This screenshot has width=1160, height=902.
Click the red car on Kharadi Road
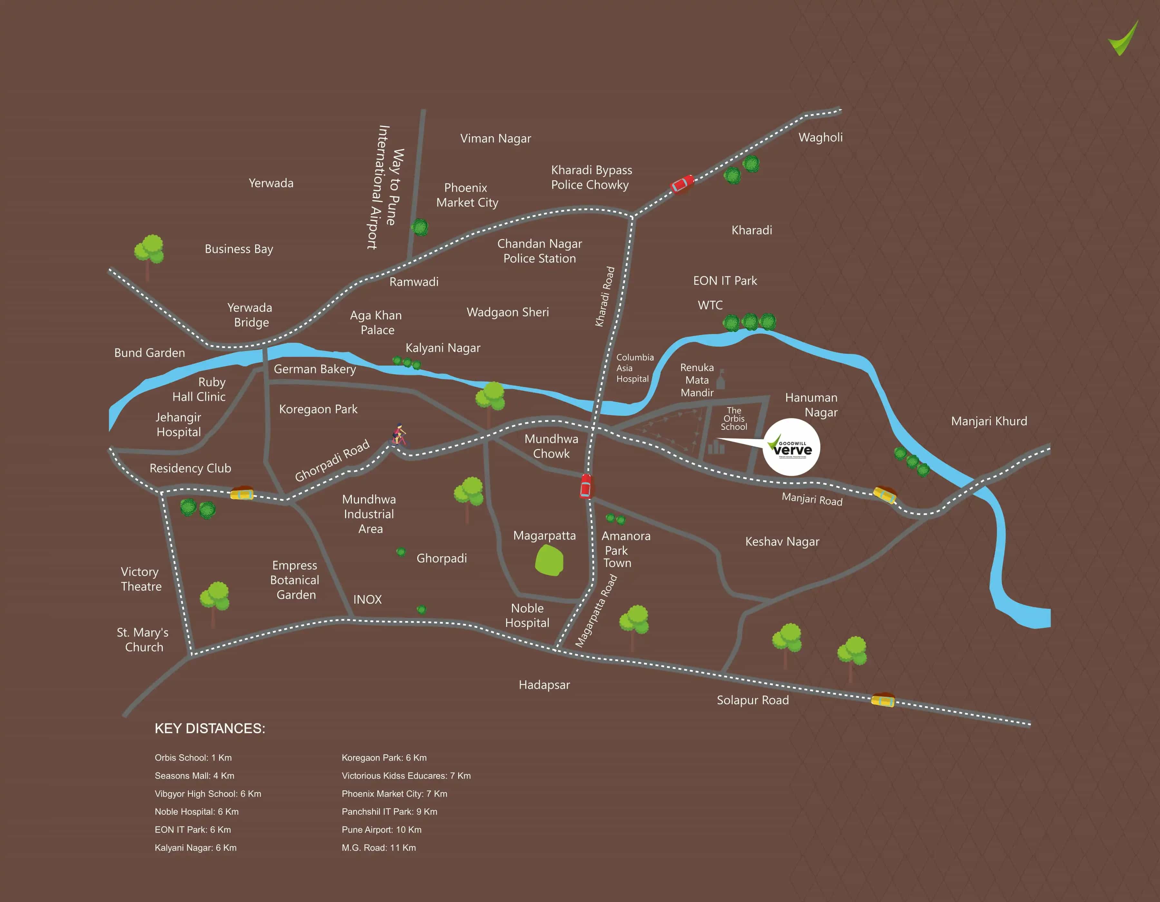[x=585, y=486]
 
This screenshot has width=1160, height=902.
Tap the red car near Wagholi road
[x=682, y=184]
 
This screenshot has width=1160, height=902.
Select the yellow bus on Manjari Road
[x=885, y=494]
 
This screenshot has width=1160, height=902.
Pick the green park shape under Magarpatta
[x=549, y=561]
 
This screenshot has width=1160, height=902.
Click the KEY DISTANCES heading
[x=210, y=728]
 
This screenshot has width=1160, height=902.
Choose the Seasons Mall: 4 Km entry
[x=194, y=776]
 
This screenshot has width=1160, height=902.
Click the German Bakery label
[x=314, y=369]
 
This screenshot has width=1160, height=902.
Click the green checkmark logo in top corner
[x=1124, y=38]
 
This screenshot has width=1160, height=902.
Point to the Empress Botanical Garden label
[x=295, y=580]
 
